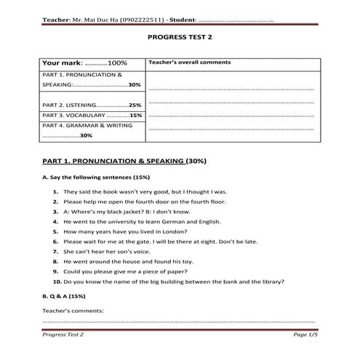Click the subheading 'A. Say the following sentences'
pyautogui.click(x=87, y=177)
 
